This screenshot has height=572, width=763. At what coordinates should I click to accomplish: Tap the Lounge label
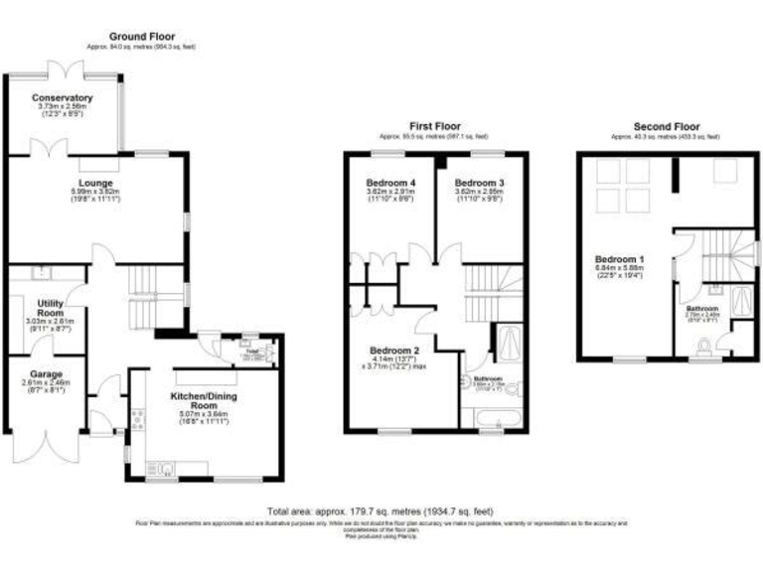96,183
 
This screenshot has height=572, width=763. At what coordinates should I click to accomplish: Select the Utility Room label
50,308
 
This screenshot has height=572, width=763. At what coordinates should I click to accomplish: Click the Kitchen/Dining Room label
203,401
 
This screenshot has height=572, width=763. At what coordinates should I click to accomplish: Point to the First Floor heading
435,126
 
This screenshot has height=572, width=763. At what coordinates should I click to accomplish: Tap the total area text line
381,511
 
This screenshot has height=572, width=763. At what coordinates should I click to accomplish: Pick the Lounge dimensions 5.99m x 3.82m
96,193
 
